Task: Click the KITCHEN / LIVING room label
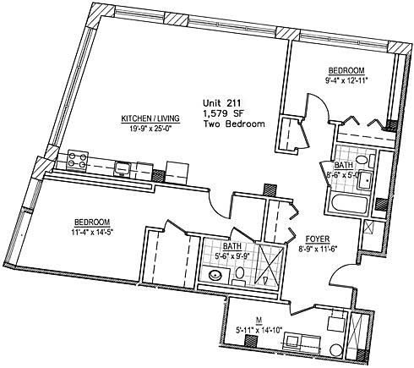(150, 118)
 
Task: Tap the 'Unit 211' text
(221, 103)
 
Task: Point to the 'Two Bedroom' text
(234, 124)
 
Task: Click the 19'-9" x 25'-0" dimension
(150, 129)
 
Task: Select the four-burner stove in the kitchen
(77, 160)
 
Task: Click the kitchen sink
(122, 169)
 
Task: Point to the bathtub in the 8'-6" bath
(349, 205)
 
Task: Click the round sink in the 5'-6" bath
(216, 274)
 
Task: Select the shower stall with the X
(269, 264)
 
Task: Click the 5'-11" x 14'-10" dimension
(259, 330)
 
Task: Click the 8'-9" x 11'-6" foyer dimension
(318, 250)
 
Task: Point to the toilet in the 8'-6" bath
(362, 161)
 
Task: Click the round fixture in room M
(336, 350)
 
